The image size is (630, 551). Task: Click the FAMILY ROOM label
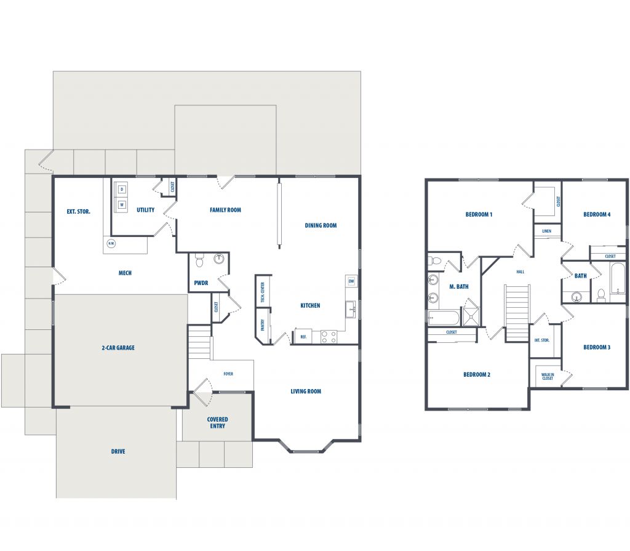click(225, 210)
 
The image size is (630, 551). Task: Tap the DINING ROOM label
click(321, 225)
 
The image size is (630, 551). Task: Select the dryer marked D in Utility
click(122, 190)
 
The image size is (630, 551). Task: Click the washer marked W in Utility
click(122, 205)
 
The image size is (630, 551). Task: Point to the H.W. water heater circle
click(111, 243)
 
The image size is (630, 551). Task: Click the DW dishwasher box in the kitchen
click(351, 281)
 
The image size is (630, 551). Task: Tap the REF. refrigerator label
click(303, 337)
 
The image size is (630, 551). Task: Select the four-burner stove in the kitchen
click(329, 337)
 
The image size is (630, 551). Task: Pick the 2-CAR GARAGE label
click(118, 348)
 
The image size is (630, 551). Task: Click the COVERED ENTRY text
click(217, 423)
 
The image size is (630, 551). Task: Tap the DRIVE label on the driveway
click(118, 452)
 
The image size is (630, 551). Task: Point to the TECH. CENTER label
click(263, 293)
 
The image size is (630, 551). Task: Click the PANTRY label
click(263, 325)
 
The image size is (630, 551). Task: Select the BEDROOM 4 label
click(597, 215)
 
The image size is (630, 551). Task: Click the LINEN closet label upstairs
click(547, 231)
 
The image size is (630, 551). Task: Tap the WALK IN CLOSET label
click(548, 376)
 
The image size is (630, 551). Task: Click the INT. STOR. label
click(541, 340)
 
